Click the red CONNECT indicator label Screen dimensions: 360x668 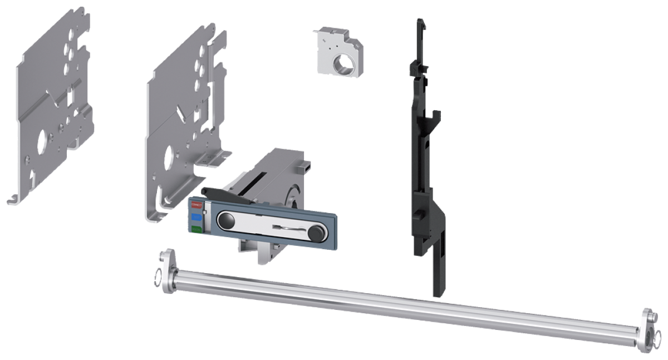[x=196, y=205]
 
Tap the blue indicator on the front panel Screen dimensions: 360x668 [x=196, y=216]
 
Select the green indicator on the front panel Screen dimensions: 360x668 [x=196, y=229]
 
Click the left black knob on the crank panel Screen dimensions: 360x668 [x=226, y=220]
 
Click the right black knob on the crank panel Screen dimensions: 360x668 [x=317, y=232]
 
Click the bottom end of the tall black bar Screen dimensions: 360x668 [x=439, y=293]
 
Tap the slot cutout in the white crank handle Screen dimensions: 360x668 [x=287, y=226]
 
